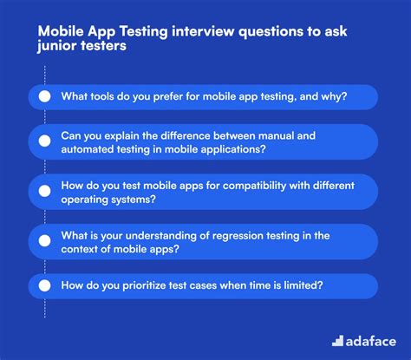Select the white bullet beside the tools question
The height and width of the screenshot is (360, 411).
point(45,96)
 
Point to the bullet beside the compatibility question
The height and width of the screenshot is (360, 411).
point(45,191)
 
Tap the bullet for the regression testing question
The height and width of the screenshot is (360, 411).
point(45,239)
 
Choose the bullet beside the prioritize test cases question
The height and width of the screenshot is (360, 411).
point(45,285)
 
